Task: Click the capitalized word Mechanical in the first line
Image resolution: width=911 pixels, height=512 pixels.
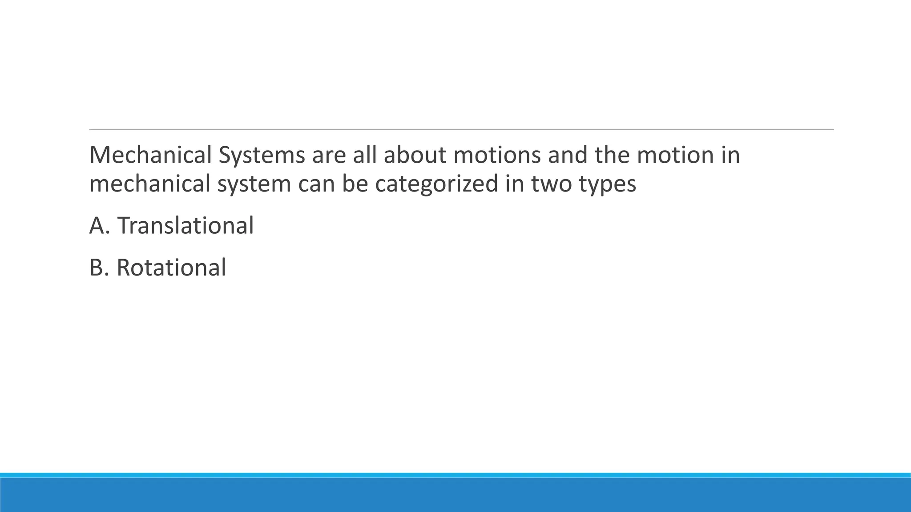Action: [x=150, y=155]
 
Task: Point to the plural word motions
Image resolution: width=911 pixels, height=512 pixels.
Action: [x=497, y=155]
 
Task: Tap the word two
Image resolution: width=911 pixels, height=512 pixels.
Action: [x=551, y=184]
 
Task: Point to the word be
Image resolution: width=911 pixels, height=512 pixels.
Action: [x=355, y=184]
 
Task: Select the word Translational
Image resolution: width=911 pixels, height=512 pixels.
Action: [x=185, y=225]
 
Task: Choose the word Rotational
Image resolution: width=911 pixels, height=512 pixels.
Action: [x=171, y=268]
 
